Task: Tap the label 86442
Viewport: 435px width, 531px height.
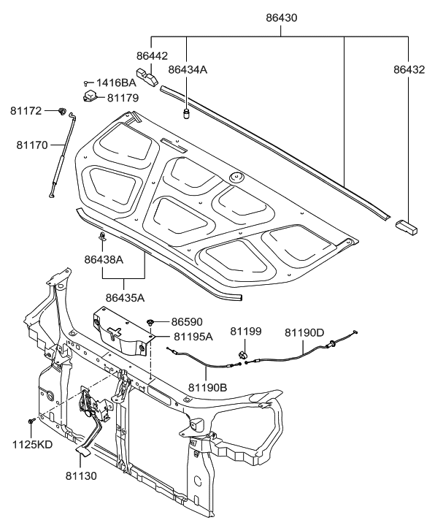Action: (151, 54)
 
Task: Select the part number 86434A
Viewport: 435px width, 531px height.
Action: (188, 69)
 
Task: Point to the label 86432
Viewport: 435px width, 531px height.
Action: (408, 69)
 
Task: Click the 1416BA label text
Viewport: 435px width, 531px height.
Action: (116, 83)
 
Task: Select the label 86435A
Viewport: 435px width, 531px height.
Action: (125, 297)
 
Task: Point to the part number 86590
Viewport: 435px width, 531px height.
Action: (188, 321)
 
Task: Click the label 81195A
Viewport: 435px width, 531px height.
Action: (193, 336)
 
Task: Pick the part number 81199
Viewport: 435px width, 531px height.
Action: (245, 332)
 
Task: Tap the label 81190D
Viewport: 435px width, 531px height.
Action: (304, 332)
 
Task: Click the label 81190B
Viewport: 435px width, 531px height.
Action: (207, 387)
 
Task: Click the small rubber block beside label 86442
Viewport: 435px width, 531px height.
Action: (150, 77)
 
